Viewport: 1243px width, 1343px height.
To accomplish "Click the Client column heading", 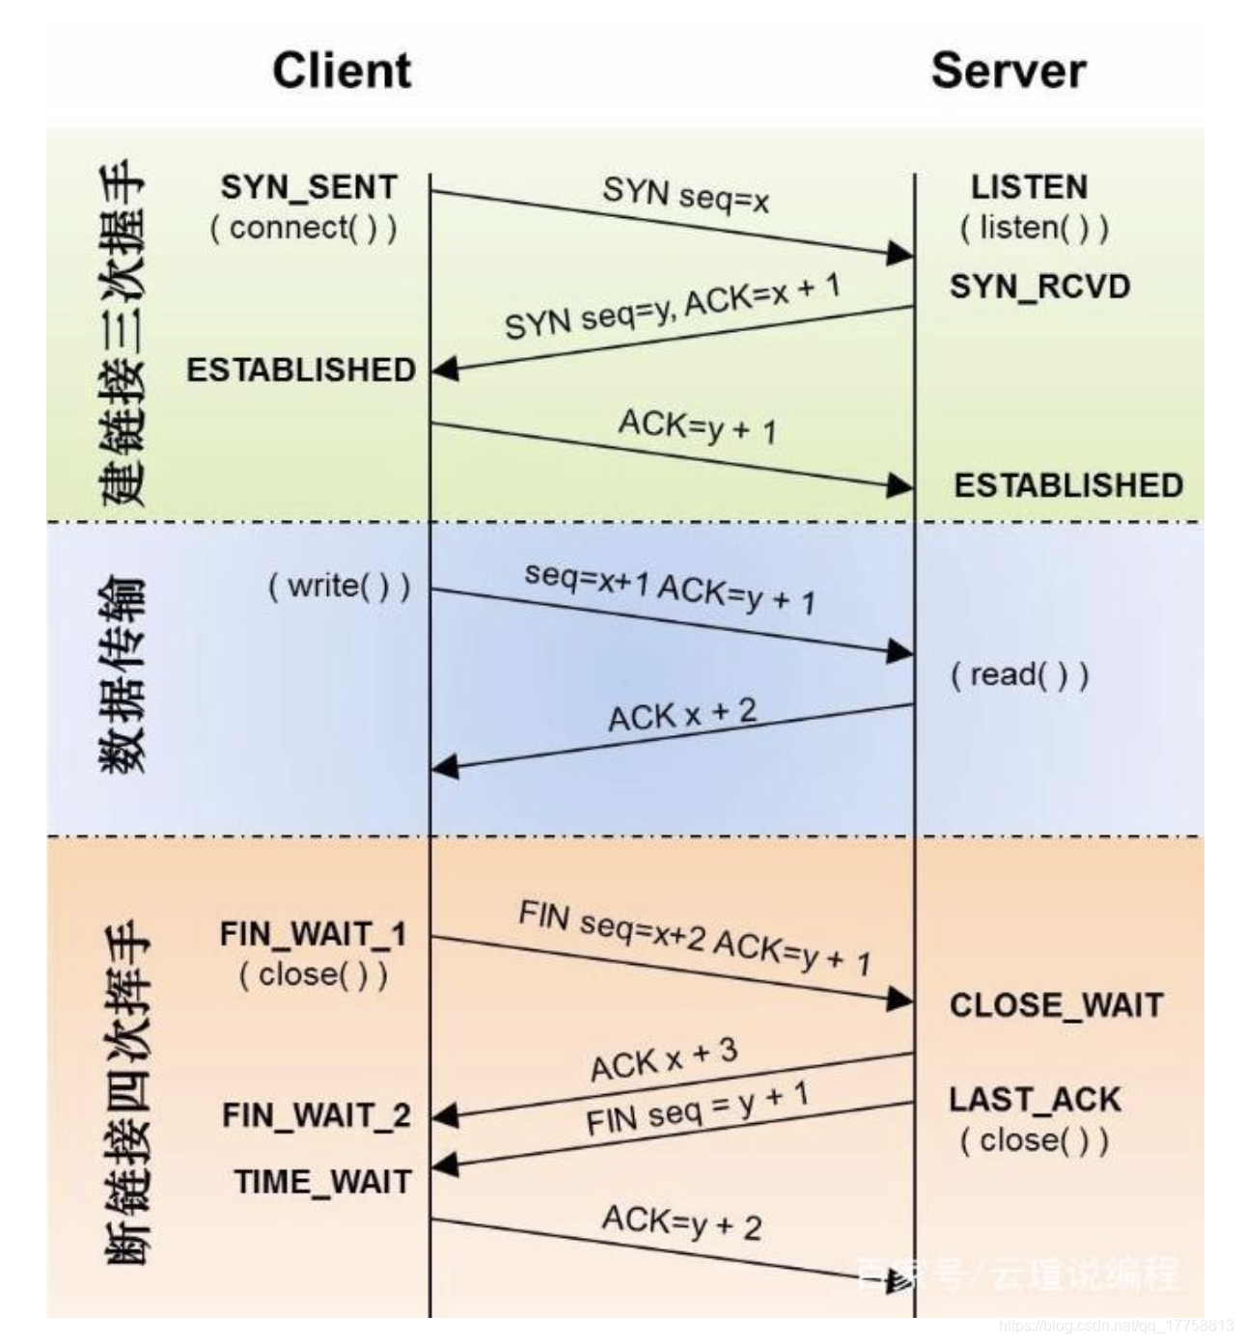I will click(x=342, y=70).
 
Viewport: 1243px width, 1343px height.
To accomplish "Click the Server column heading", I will click(x=1008, y=70).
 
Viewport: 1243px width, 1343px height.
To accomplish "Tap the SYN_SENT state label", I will click(x=309, y=186).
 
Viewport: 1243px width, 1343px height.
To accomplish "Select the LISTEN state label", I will click(x=1029, y=186).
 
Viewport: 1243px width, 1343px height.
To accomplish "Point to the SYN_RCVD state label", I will click(x=1039, y=287).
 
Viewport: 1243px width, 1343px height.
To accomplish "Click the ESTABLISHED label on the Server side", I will click(x=1068, y=485).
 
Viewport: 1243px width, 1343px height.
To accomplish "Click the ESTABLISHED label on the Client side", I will click(x=301, y=370).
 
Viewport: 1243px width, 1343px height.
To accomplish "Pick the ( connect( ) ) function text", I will click(x=303, y=228).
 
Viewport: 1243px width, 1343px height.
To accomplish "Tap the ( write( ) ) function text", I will click(x=339, y=586).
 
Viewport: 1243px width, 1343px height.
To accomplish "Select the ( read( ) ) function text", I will click(x=1019, y=674).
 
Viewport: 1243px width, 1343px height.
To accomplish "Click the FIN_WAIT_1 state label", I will click(x=313, y=934).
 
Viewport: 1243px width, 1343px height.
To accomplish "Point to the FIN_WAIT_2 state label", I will click(x=317, y=1115).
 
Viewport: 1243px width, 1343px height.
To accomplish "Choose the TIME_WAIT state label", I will click(x=322, y=1182).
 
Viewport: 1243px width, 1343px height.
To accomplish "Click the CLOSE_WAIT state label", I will click(x=1056, y=1005).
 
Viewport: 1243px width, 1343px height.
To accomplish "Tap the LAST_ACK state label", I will click(x=1035, y=1099).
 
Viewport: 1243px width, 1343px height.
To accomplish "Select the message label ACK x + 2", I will click(x=682, y=715).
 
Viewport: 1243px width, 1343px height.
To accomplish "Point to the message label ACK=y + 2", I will click(x=681, y=1222).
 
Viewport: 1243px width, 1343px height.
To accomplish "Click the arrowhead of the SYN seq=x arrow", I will click(x=900, y=254).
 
